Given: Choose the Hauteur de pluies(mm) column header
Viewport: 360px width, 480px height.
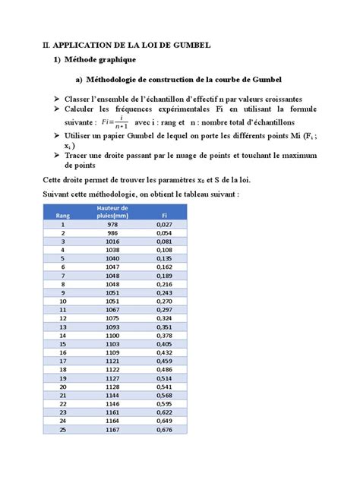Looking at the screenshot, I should point(112,211).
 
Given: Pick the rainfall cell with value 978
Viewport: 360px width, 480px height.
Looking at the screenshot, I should point(112,225).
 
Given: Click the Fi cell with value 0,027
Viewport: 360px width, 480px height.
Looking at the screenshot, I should point(163,225).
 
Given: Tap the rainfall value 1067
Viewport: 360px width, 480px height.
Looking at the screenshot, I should point(112,310).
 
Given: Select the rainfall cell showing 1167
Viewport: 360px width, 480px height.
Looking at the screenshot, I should point(112,429).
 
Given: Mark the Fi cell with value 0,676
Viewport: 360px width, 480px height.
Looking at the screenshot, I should point(163,429).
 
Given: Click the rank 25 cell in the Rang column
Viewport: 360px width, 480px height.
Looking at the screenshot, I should point(63,429).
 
